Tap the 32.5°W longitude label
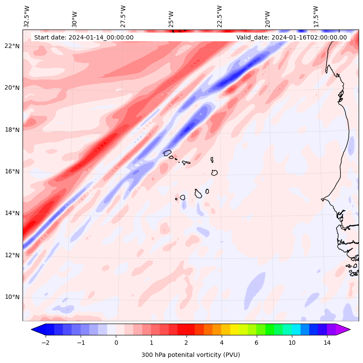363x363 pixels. coord(27,16)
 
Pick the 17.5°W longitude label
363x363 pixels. coord(316,16)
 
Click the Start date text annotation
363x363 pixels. coord(84,37)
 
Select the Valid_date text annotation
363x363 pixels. coord(291,37)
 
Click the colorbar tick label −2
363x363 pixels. coord(45,343)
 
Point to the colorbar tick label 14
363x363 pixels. coord(327,343)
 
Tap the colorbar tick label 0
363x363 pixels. coord(116,343)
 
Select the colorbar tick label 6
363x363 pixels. coord(256,343)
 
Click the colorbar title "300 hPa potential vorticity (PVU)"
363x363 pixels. coord(190,355)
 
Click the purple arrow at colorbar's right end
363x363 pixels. coord(343,330)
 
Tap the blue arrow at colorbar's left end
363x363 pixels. coord(38,330)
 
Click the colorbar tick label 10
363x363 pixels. coord(292,343)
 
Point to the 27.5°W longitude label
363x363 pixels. coord(123,16)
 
